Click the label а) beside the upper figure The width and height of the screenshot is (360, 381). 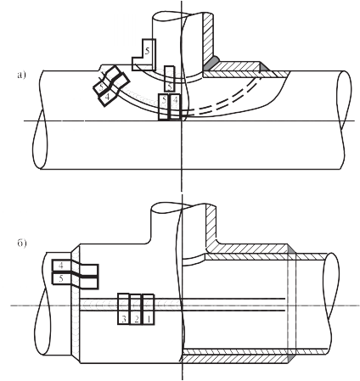21,76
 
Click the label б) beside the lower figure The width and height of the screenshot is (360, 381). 22,244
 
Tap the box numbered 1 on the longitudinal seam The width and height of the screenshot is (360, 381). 148,309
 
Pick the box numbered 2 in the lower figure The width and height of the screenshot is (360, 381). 136,309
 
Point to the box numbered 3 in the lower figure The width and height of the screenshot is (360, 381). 124,309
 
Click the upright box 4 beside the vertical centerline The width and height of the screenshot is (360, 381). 175,107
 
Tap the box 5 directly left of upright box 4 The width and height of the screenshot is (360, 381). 164,107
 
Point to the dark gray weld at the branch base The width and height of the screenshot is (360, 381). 211,64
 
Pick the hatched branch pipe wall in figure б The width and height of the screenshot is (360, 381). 211,227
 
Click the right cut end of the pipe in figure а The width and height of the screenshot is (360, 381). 344,100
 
